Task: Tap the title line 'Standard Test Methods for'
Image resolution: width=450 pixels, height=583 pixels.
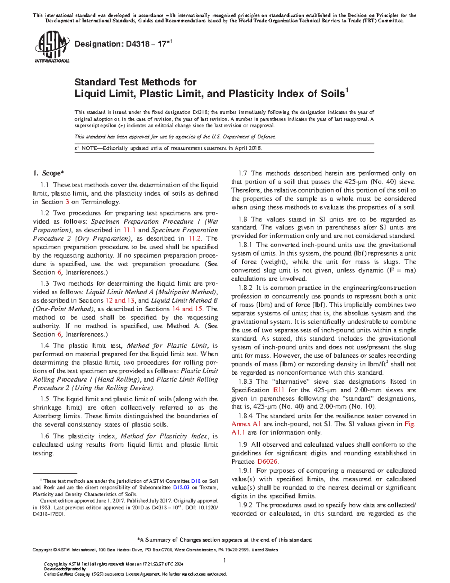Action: (x=135, y=82)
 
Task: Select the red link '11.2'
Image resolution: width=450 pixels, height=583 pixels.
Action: (x=195, y=238)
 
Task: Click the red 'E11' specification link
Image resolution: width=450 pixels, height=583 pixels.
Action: (x=279, y=390)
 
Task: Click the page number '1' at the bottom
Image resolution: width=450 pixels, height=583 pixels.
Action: (x=224, y=560)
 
